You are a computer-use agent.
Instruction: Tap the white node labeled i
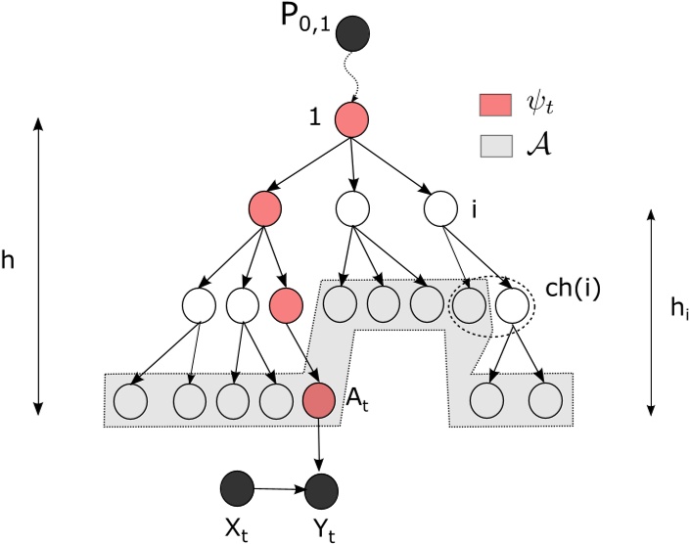click(x=441, y=208)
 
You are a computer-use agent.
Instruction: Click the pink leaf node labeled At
click(x=319, y=401)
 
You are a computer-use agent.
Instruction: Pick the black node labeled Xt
click(x=238, y=486)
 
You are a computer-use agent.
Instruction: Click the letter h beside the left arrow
click(x=12, y=265)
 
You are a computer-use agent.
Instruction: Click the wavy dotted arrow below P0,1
click(x=350, y=78)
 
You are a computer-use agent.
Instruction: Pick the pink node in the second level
click(x=266, y=208)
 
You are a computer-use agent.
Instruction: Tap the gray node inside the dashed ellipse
click(x=468, y=304)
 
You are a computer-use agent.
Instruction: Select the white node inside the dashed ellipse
click(x=511, y=304)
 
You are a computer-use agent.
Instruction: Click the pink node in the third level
click(x=286, y=304)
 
